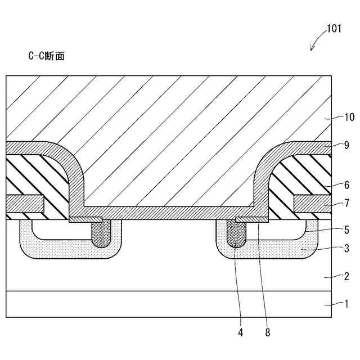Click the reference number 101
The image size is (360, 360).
pyautogui.click(x=334, y=29)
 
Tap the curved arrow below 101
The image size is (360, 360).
pyautogui.click(x=317, y=40)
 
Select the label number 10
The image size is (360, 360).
pyautogui.click(x=350, y=118)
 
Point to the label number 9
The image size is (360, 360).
pyautogui.click(x=347, y=144)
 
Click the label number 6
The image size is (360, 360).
pyautogui.click(x=347, y=184)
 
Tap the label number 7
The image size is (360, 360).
pyautogui.click(x=347, y=203)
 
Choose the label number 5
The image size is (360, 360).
pyautogui.click(x=347, y=230)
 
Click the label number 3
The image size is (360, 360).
pyautogui.click(x=347, y=248)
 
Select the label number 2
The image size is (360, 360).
pyautogui.click(x=347, y=276)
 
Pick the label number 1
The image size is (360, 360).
pyautogui.click(x=347, y=304)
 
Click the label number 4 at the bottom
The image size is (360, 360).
pyautogui.click(x=241, y=332)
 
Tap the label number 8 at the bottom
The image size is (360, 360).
pyautogui.click(x=268, y=332)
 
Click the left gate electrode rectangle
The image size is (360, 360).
pyautogui.click(x=25, y=203)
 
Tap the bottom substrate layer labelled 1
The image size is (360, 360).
pyautogui.click(x=169, y=304)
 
